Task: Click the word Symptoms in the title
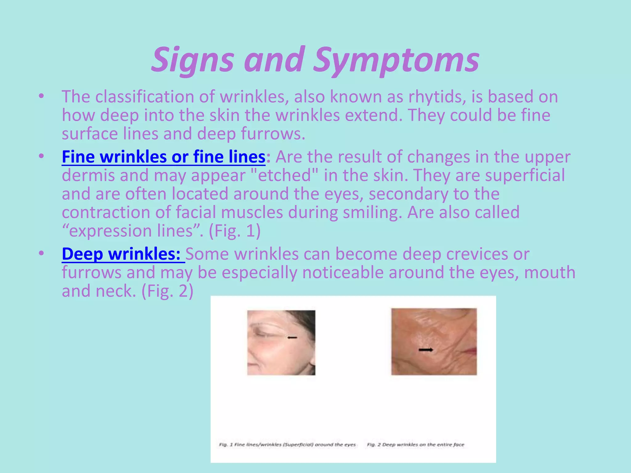(396, 60)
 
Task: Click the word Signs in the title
(192, 60)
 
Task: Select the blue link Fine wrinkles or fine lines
(163, 157)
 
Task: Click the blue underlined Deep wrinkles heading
(121, 254)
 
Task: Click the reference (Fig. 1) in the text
(234, 231)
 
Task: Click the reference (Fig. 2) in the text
(167, 291)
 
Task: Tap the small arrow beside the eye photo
(292, 338)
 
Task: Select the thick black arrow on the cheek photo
(426, 350)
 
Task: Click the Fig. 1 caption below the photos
(287, 445)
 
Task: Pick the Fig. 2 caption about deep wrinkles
(415, 445)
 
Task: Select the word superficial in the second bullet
(525, 175)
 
